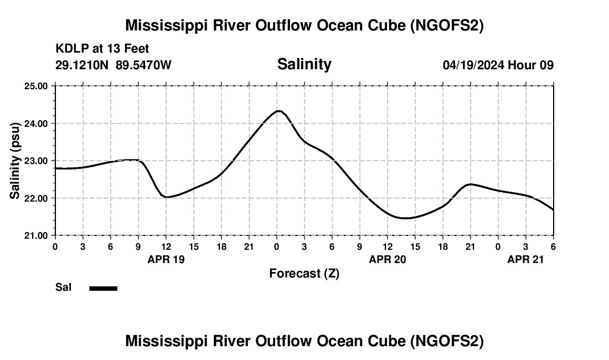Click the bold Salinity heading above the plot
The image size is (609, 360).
(x=304, y=64)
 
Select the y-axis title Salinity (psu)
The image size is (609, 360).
(x=16, y=161)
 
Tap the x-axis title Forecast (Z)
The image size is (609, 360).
(x=304, y=273)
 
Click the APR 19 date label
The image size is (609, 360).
(x=166, y=259)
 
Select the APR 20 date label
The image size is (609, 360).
(x=388, y=259)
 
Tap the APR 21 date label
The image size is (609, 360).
(x=526, y=259)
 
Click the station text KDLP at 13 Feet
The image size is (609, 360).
(x=102, y=49)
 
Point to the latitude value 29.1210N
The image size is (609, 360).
(x=83, y=65)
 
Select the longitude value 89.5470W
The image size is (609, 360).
(x=143, y=65)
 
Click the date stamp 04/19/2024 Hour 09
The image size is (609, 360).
(x=498, y=65)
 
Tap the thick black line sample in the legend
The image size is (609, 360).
(x=103, y=288)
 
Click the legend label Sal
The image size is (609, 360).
(x=63, y=287)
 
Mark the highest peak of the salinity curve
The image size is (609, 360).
(x=279, y=111)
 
